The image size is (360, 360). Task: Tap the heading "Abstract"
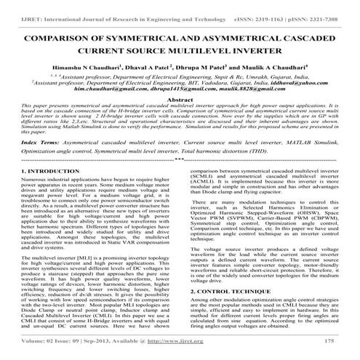click(180, 97)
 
